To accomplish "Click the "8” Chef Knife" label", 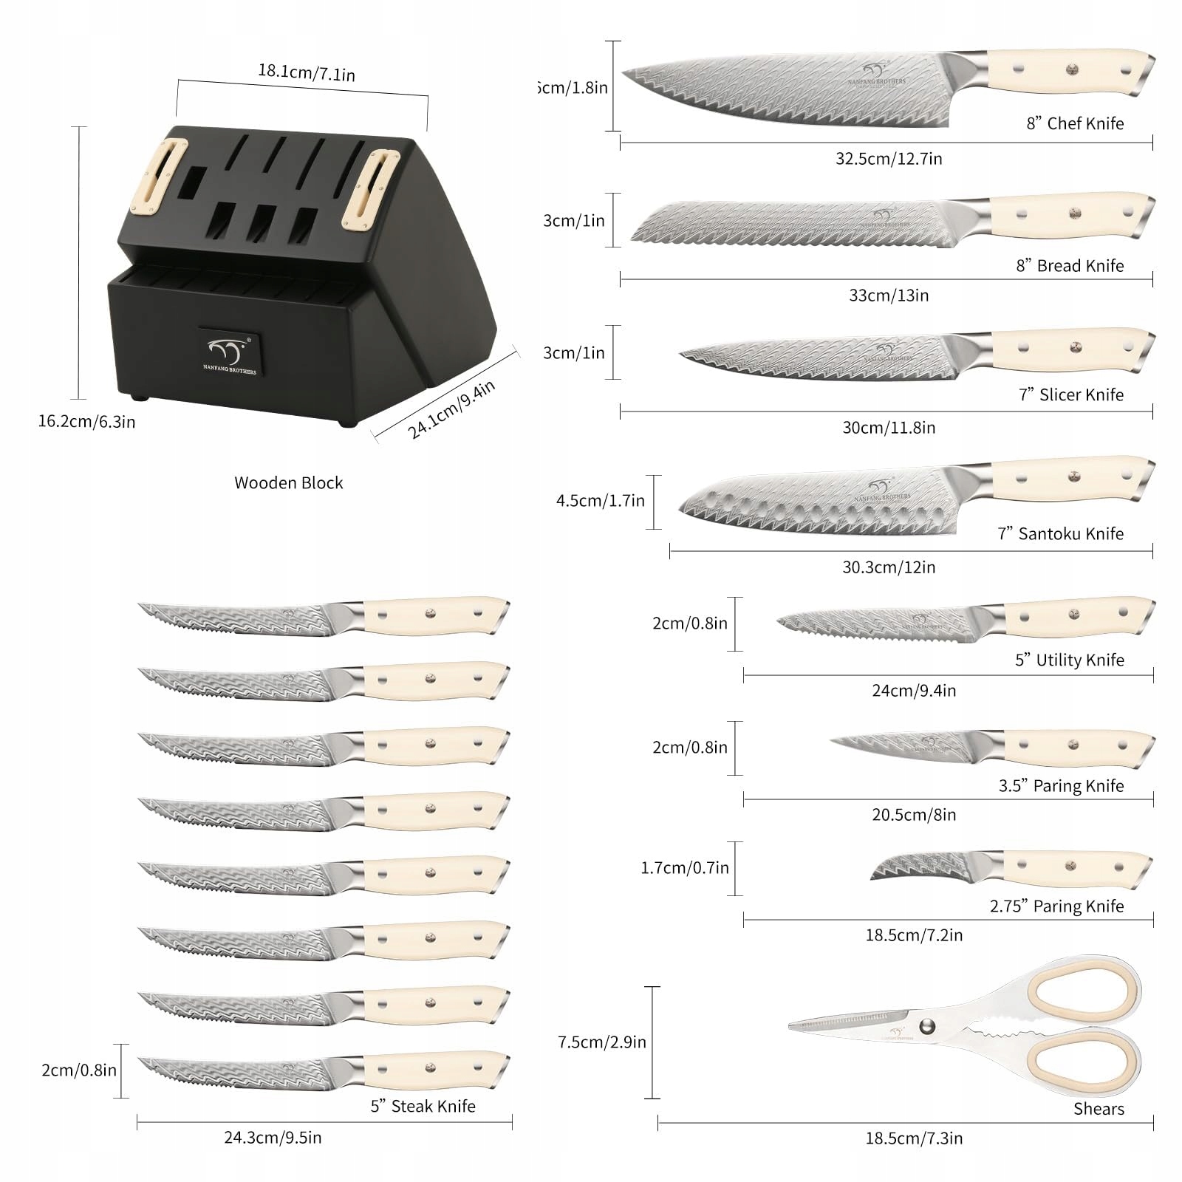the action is click(1074, 123).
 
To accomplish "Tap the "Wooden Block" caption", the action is click(288, 482).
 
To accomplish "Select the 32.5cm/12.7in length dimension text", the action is click(888, 158).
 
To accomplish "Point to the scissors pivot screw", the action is click(927, 1026).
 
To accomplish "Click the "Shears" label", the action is click(1099, 1108).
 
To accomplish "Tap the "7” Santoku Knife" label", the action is click(1060, 533).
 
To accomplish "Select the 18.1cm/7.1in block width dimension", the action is click(306, 73).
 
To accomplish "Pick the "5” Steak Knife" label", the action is click(423, 1106).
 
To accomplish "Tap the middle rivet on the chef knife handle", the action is click(1072, 70).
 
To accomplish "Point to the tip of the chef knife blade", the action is click(625, 72).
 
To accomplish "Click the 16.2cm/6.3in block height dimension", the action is click(86, 422).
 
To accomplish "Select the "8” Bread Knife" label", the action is click(1069, 265).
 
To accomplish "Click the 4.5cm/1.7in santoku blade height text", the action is click(600, 501).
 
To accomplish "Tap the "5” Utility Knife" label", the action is click(1069, 660).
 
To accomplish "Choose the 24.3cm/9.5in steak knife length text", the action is click(273, 1137).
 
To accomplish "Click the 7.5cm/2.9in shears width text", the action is click(601, 1042).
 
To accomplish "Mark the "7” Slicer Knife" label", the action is click(1070, 394).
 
